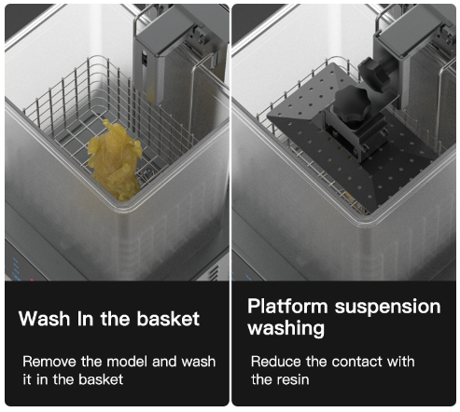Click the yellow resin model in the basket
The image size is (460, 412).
click(115, 161)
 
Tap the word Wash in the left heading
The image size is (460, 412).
click(45, 319)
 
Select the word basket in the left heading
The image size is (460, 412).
click(168, 319)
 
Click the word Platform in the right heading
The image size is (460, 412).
click(287, 307)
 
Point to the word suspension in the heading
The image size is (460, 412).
click(387, 308)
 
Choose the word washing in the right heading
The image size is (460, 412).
click(286, 329)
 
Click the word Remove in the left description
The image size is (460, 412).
click(49, 362)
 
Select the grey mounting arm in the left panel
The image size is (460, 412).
click(161, 56)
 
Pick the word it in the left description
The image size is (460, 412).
click(27, 379)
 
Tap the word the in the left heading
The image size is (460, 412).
click(115, 319)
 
